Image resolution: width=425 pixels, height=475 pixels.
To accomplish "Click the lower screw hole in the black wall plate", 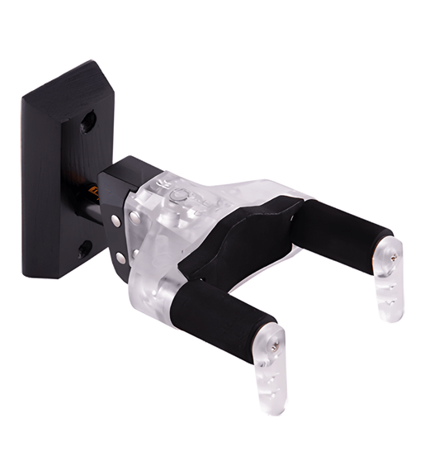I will point(83,247).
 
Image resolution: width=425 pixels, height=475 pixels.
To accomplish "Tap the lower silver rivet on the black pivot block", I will point(121,258).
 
